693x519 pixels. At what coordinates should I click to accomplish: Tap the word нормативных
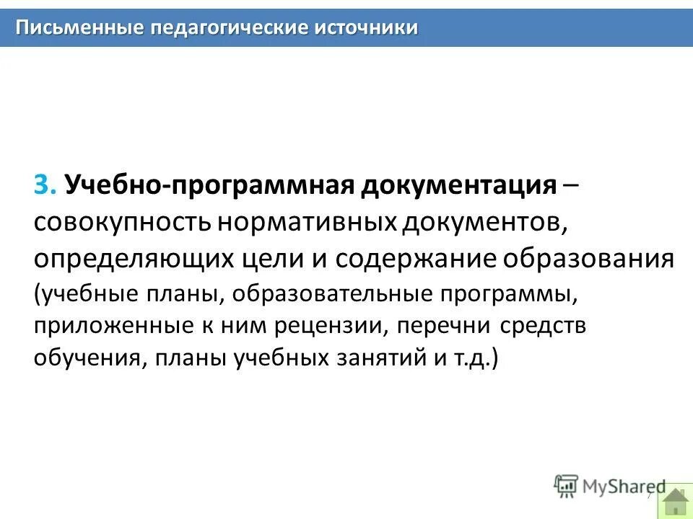pyautogui.click(x=307, y=223)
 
